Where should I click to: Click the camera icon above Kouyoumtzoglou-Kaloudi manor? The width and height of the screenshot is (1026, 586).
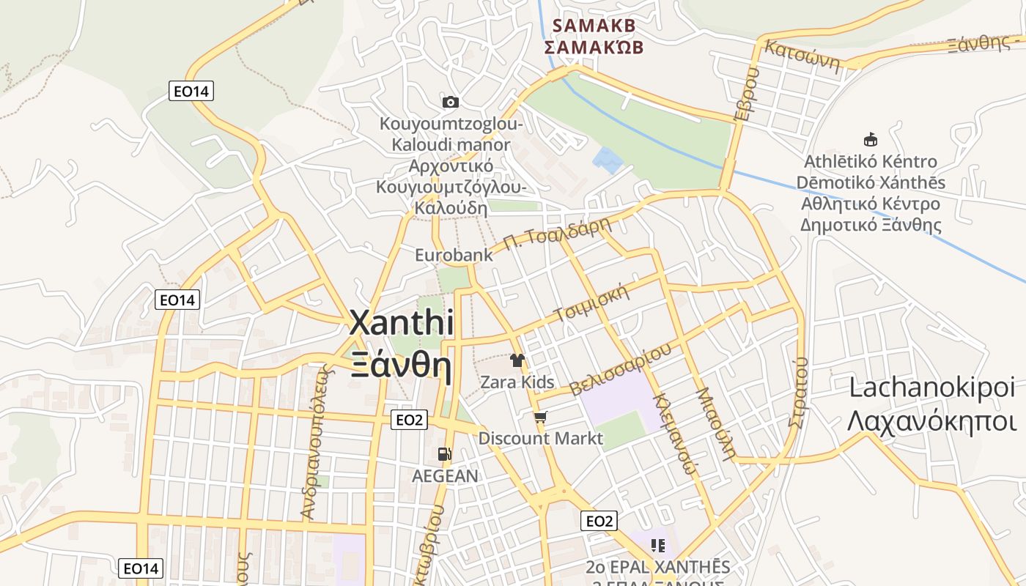pyautogui.click(x=451, y=102)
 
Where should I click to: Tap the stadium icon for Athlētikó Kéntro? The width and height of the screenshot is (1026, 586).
pyautogui.click(x=871, y=139)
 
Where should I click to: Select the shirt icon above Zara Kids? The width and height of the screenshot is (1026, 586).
pyautogui.click(x=517, y=360)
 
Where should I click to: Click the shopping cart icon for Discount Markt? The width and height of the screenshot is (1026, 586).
pyautogui.click(x=540, y=418)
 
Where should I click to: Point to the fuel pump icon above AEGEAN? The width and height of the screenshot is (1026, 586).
pyautogui.click(x=445, y=454)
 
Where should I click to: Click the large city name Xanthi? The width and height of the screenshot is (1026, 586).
pyautogui.click(x=402, y=323)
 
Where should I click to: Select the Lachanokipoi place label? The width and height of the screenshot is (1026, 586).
pyautogui.click(x=932, y=387)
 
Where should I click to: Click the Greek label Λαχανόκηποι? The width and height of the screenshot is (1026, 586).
pyautogui.click(x=932, y=422)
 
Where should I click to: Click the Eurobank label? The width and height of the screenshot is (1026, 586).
pyautogui.click(x=454, y=255)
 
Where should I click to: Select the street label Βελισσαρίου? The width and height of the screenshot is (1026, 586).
pyautogui.click(x=620, y=369)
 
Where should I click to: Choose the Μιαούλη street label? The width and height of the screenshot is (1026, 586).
pyautogui.click(x=715, y=423)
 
